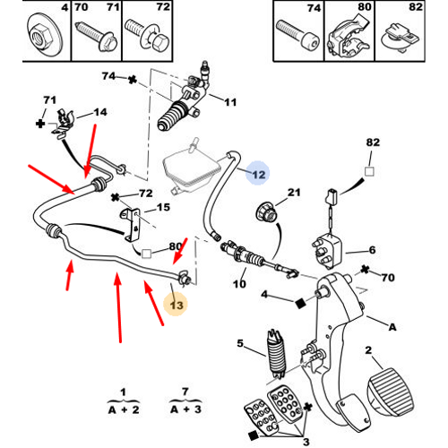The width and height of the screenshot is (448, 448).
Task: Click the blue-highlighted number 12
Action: [x=259, y=175]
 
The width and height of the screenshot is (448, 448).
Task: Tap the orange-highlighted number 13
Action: [x=177, y=306]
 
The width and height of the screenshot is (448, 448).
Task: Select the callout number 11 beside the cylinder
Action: [x=230, y=102]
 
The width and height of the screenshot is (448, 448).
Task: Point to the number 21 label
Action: [x=294, y=193]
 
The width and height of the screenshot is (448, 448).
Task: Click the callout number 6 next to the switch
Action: [x=372, y=250]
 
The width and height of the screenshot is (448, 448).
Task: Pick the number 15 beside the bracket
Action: [x=163, y=207]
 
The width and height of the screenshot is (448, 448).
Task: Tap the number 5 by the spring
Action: [x=240, y=343]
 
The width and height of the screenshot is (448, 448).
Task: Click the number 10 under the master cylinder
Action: [x=239, y=284]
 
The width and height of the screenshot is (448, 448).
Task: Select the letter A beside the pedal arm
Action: [x=392, y=327]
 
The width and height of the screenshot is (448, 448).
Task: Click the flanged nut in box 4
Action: [x=44, y=34]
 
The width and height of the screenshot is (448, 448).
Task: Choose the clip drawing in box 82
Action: [x=401, y=38]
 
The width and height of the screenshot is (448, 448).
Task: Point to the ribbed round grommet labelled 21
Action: [x=267, y=211]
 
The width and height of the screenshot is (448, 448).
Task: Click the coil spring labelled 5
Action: [x=276, y=354]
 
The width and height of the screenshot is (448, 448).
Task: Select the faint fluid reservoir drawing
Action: [x=191, y=168]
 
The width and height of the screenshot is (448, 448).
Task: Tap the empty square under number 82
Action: [x=369, y=171]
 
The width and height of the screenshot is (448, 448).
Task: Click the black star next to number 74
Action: [x=133, y=80]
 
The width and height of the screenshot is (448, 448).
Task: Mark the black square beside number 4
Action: [x=300, y=303]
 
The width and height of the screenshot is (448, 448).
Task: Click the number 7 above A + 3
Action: [x=185, y=392]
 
